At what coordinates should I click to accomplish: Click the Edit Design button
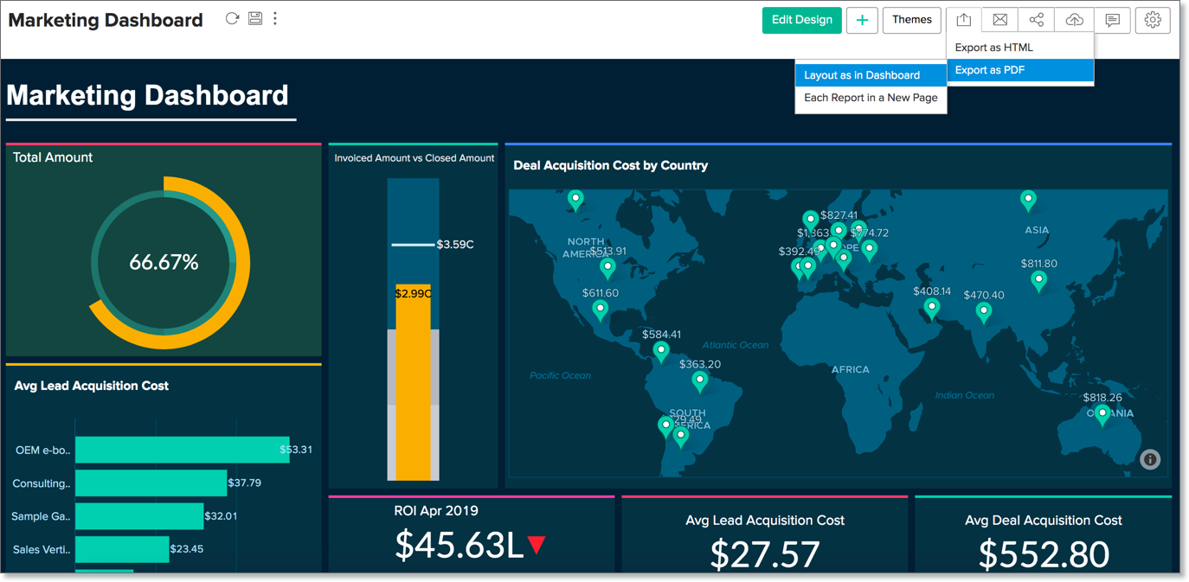(801, 20)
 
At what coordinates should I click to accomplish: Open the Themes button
(911, 20)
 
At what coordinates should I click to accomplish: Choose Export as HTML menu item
(993, 48)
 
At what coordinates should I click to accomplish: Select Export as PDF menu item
(990, 70)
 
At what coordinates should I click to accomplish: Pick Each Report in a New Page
(871, 98)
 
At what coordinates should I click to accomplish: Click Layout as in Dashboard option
(862, 75)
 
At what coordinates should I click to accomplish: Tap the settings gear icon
(1152, 20)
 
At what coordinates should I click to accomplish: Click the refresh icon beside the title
(232, 18)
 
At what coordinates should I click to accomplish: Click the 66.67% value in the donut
(164, 262)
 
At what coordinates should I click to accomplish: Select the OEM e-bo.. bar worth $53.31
(182, 450)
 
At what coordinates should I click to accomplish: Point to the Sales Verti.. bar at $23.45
(122, 549)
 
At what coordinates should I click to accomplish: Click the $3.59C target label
(455, 245)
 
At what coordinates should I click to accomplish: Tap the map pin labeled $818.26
(1102, 414)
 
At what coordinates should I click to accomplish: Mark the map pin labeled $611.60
(600, 310)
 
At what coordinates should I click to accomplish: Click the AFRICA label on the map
(850, 369)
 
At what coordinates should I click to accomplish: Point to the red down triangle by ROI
(537, 545)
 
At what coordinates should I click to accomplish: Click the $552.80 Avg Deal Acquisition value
(1043, 554)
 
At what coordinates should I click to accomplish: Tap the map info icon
(1149, 459)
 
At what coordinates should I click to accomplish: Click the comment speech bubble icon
(1112, 20)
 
